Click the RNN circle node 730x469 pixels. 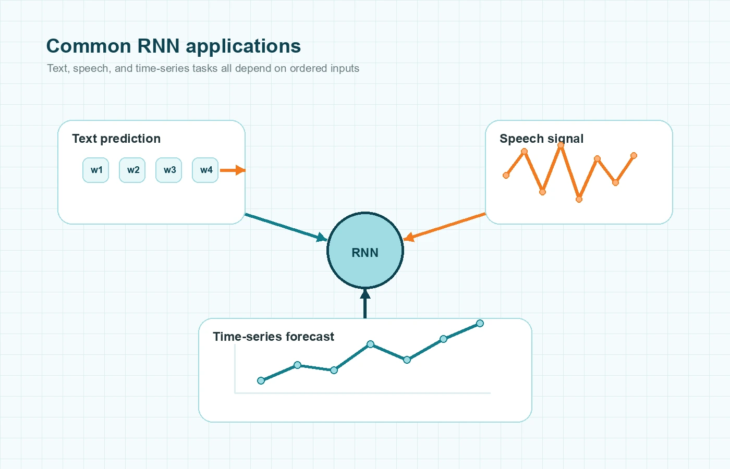pyautogui.click(x=365, y=251)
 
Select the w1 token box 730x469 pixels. pyautogui.click(x=96, y=170)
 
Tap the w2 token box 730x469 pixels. pyautogui.click(x=132, y=170)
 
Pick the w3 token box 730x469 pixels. pyautogui.click(x=169, y=170)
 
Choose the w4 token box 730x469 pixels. pyautogui.click(x=205, y=170)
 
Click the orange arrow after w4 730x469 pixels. pyautogui.click(x=233, y=170)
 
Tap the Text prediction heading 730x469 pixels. pyautogui.click(x=116, y=139)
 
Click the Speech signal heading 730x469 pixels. pyautogui.click(x=541, y=139)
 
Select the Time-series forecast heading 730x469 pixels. pyautogui.click(x=273, y=337)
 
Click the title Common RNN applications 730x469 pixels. pyautogui.click(x=174, y=46)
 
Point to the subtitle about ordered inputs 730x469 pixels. pyautogui.click(x=203, y=68)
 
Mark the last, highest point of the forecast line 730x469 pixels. pyautogui.click(x=480, y=324)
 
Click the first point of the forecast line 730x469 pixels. pyautogui.click(x=261, y=380)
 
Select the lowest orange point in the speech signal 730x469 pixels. pyautogui.click(x=579, y=199)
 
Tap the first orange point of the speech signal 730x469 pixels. pyautogui.click(x=506, y=175)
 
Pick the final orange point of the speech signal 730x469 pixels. pyautogui.click(x=634, y=155)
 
